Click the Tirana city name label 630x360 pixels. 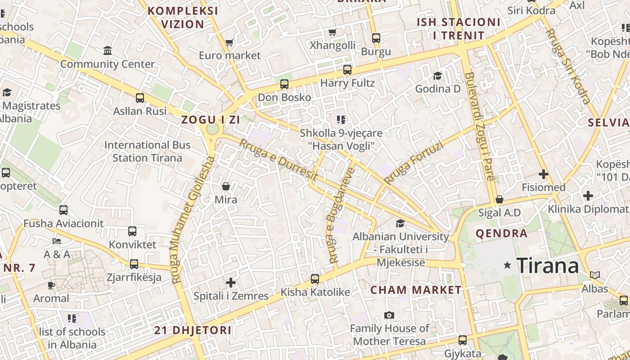(x=548, y=266)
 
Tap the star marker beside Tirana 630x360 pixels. (x=508, y=265)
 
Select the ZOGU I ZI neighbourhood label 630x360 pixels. (x=210, y=120)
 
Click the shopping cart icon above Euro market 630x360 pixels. (x=229, y=42)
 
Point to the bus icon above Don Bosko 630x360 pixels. (x=284, y=84)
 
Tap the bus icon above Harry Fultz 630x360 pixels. (x=347, y=69)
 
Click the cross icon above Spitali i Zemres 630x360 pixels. (x=231, y=283)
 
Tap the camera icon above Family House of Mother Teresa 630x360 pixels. (x=389, y=315)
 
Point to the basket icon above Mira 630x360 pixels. (x=226, y=186)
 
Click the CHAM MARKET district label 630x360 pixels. (x=416, y=290)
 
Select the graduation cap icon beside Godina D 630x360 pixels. (x=437, y=75)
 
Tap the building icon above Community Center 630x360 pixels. (x=108, y=50)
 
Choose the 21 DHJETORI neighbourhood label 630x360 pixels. (x=193, y=330)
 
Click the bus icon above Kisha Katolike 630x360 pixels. (x=315, y=279)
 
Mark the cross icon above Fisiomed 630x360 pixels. (x=544, y=174)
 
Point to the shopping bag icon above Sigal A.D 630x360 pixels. (x=499, y=199)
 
